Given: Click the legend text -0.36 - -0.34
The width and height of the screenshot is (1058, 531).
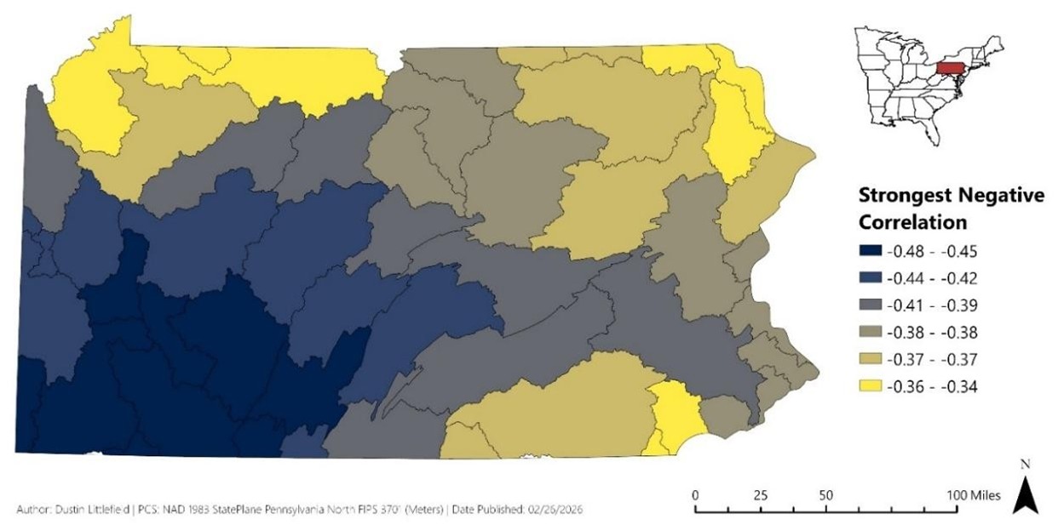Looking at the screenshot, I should pyautogui.click(x=932, y=386).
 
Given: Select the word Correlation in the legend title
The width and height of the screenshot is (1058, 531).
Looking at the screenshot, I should pyautogui.click(x=911, y=223).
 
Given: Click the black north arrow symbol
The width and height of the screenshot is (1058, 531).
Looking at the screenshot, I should pyautogui.click(x=1025, y=496).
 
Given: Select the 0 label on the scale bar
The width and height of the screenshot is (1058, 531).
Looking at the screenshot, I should pyautogui.click(x=696, y=495).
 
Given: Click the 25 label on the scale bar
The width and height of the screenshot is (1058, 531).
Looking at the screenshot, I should pyautogui.click(x=761, y=495).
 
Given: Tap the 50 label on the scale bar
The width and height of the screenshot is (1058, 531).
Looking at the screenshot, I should pyautogui.click(x=825, y=495).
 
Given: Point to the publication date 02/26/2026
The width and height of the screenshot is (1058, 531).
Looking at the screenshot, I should pyautogui.click(x=549, y=510).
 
